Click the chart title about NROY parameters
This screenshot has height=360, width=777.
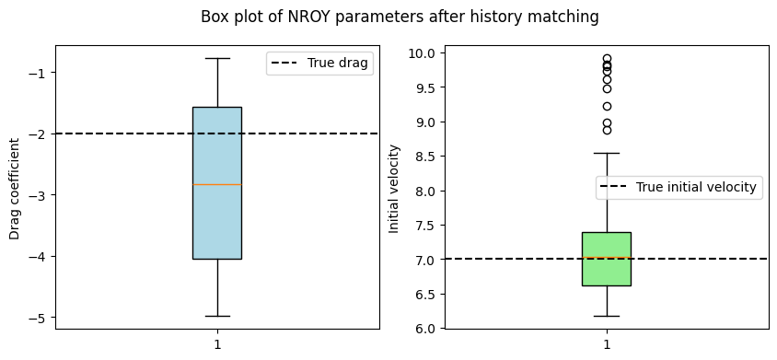pos(400,17)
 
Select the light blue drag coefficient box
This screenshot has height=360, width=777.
pos(217,183)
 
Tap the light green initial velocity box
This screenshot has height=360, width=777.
pos(607,259)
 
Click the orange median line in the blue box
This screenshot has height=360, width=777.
pos(217,184)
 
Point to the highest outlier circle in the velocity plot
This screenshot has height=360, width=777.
pos(607,59)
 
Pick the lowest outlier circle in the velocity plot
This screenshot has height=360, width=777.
pos(607,131)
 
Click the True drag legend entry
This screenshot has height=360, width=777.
pos(319,64)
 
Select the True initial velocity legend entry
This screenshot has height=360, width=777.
pos(678,188)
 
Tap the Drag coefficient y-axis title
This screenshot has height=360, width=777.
pos(15,189)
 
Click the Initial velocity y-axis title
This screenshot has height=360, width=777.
pos(394,189)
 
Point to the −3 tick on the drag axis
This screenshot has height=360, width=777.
pos(41,195)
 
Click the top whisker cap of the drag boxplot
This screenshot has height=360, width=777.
pos(217,59)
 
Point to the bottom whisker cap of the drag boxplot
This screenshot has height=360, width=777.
pos(217,316)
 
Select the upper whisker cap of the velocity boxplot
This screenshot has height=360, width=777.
pos(607,153)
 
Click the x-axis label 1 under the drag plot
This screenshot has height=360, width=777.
pos(217,344)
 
